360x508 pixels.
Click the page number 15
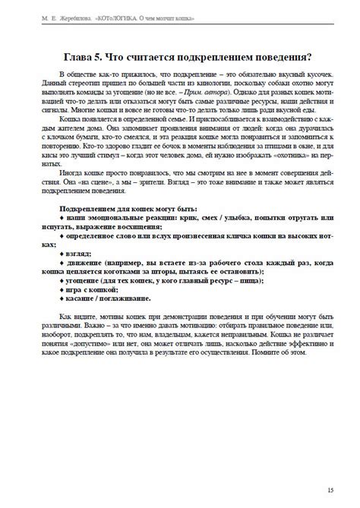(329, 490)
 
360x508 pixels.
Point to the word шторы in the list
(191, 270)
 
